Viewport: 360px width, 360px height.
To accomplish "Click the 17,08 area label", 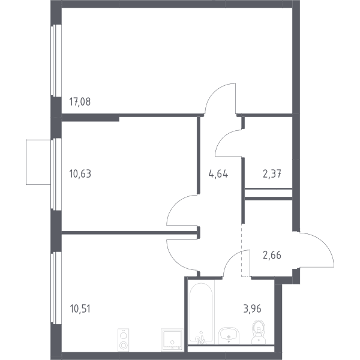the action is tap(80, 102).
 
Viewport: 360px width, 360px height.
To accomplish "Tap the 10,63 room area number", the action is tap(80, 174).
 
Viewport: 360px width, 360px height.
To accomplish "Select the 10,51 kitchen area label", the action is tap(80, 309).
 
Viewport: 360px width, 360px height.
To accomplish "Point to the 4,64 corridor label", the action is tap(218, 174).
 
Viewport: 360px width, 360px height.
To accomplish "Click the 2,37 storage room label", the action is tap(272, 174).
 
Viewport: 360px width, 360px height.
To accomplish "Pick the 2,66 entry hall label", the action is tap(272, 255).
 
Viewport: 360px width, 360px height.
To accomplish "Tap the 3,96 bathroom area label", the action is tap(253, 309).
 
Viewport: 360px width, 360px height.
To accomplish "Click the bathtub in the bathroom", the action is tap(201, 312).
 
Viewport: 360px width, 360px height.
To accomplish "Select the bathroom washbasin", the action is tap(229, 336).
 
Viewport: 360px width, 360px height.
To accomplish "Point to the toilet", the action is tap(259, 332).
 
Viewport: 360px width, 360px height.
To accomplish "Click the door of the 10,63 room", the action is tap(172, 205).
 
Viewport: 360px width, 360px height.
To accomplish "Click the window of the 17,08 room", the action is tap(56, 61).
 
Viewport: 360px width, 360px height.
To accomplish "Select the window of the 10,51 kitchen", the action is tap(56, 288).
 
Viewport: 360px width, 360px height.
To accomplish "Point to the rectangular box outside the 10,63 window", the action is tap(38, 162).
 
